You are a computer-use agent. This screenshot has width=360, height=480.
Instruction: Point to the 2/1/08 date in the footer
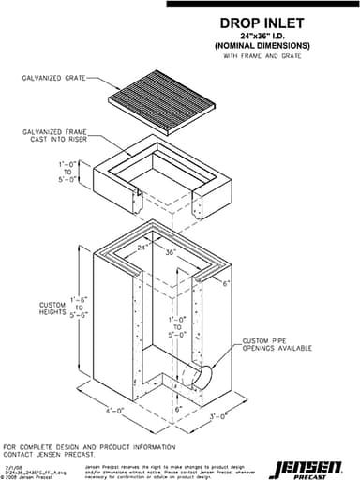point(14,462)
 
